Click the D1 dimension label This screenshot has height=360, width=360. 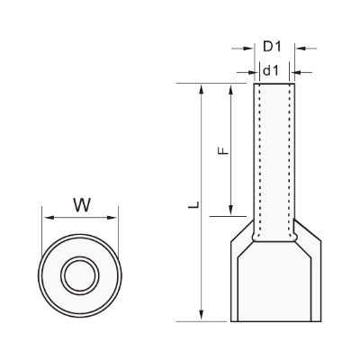pyautogui.click(x=272, y=47)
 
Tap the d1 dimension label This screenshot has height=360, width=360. pyautogui.click(x=271, y=71)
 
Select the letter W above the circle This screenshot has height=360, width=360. pyautogui.click(x=82, y=205)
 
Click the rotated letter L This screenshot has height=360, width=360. pyautogui.click(x=194, y=204)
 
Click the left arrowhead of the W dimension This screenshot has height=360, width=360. pyautogui.click(x=49, y=218)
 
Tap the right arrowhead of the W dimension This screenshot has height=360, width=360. pyautogui.click(x=112, y=218)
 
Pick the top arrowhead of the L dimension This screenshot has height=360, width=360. pyautogui.click(x=202, y=89)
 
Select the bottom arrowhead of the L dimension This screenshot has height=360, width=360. pyautogui.click(x=202, y=316)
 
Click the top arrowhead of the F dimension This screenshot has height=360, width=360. pyautogui.click(x=230, y=89)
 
